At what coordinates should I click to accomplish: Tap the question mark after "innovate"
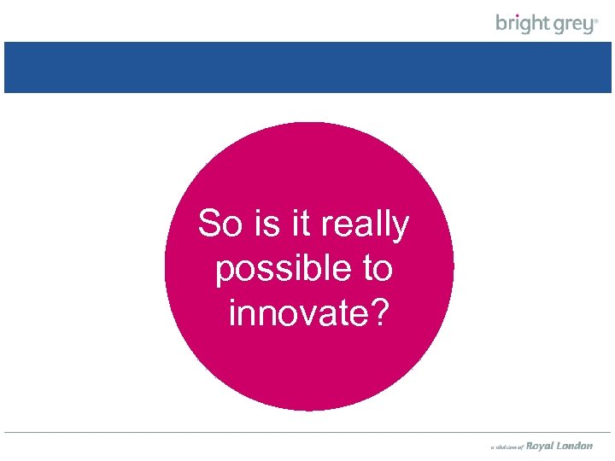[379, 313]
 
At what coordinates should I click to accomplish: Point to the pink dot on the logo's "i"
[518, 15]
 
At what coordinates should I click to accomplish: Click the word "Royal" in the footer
[540, 446]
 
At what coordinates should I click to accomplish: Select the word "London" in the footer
[575, 446]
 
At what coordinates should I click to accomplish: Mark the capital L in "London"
[560, 446]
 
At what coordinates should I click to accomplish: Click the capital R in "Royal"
[529, 446]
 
